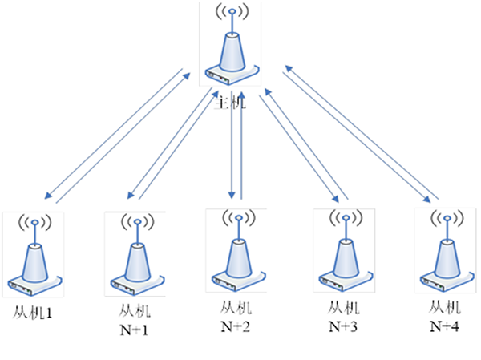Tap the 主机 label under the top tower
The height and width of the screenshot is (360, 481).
coord(232,102)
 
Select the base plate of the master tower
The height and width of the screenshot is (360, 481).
coord(230,77)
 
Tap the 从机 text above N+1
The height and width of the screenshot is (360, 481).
coord(135,310)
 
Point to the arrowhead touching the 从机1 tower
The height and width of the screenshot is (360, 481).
coord(48,196)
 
